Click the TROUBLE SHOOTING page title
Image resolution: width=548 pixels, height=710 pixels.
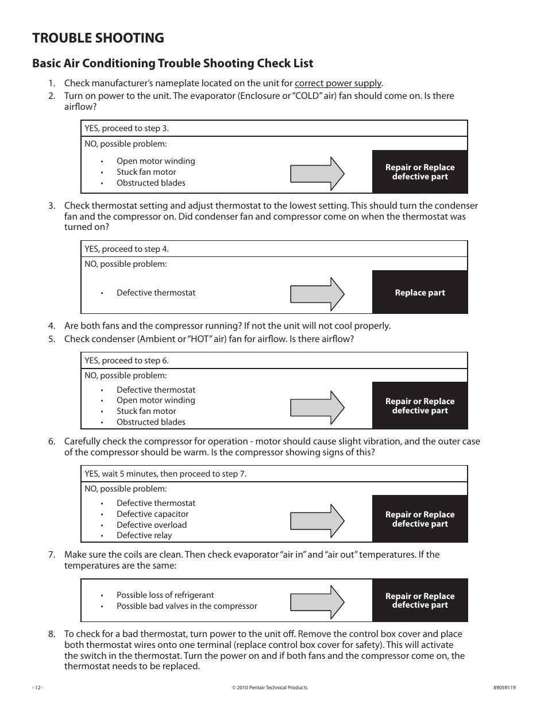98,38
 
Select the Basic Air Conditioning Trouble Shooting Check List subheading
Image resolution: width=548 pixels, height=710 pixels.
172,63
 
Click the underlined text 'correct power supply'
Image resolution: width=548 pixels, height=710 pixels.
338,83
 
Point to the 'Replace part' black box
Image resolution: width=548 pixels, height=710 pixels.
420,293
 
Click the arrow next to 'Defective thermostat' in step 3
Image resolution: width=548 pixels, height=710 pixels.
317,293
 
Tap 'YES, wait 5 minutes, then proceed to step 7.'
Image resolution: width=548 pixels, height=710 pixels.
165,474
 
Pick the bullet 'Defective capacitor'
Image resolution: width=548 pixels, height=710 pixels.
152,514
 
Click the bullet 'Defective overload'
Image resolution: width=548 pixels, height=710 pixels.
151,525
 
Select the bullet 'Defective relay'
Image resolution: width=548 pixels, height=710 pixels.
144,535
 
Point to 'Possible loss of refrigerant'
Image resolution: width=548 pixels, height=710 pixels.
165,595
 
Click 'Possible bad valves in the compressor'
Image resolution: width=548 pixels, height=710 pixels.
187,606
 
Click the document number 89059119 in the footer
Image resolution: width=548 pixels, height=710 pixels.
504,688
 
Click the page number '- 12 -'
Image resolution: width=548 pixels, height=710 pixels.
38,688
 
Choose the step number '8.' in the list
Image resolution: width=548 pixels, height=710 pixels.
52,634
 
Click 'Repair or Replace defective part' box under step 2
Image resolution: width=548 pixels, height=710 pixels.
420,172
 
